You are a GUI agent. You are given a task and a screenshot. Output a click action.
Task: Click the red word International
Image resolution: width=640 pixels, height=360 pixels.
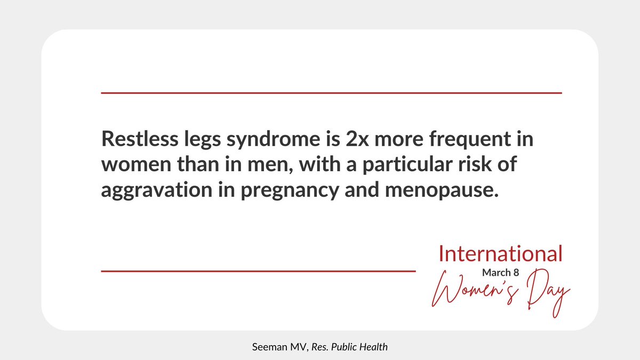500,254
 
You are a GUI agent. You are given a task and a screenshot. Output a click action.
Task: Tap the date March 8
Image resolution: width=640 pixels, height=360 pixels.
500,273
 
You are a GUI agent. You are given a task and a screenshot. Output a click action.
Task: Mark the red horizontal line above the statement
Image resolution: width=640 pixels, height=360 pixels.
331,93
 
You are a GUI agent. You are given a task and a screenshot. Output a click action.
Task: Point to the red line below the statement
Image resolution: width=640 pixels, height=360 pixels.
258,271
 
